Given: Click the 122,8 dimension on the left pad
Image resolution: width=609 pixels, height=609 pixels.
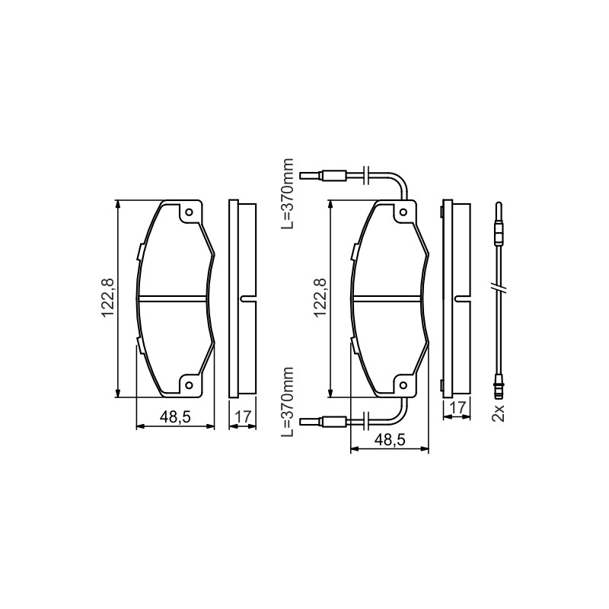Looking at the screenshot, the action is [x=107, y=298].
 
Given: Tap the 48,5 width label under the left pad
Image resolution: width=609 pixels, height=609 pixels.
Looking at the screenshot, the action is [x=175, y=416].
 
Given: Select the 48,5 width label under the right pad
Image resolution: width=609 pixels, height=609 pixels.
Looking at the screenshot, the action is [x=390, y=440].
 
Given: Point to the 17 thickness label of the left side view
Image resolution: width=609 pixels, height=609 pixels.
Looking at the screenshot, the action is [x=243, y=416].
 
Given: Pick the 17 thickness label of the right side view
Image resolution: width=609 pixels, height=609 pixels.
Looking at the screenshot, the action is [x=458, y=408].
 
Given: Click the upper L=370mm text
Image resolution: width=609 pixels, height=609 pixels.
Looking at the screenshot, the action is [x=288, y=193].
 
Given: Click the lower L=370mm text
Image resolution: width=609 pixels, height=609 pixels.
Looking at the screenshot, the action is [x=288, y=403].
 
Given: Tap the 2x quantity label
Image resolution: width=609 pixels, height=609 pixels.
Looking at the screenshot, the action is [x=498, y=413].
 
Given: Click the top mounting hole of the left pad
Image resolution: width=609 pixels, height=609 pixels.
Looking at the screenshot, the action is [x=189, y=212].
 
